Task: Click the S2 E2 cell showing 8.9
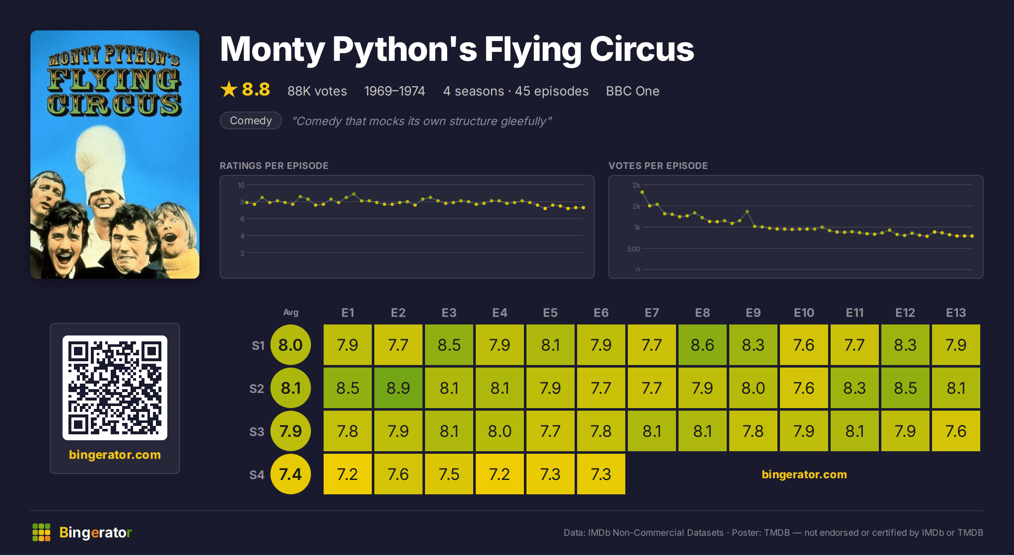[x=398, y=388]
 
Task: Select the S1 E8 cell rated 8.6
[x=703, y=345]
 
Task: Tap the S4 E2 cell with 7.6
[x=398, y=474]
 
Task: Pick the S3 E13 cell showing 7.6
[x=956, y=431]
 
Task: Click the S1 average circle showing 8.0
[x=291, y=345]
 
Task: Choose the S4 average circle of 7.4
[x=291, y=474]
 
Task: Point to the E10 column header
[x=804, y=313]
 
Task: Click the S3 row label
[x=257, y=432]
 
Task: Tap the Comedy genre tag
[x=251, y=120]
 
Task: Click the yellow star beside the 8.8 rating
[x=229, y=89]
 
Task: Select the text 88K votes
[x=317, y=91]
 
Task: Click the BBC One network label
[x=633, y=91]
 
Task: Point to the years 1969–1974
[x=395, y=91]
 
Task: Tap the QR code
[x=115, y=388]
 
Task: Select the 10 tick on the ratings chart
[x=241, y=185]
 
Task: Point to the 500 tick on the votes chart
[x=634, y=249]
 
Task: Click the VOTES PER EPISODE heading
[x=658, y=166]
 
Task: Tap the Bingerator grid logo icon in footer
[x=41, y=532]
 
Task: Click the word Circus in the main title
[x=642, y=49]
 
